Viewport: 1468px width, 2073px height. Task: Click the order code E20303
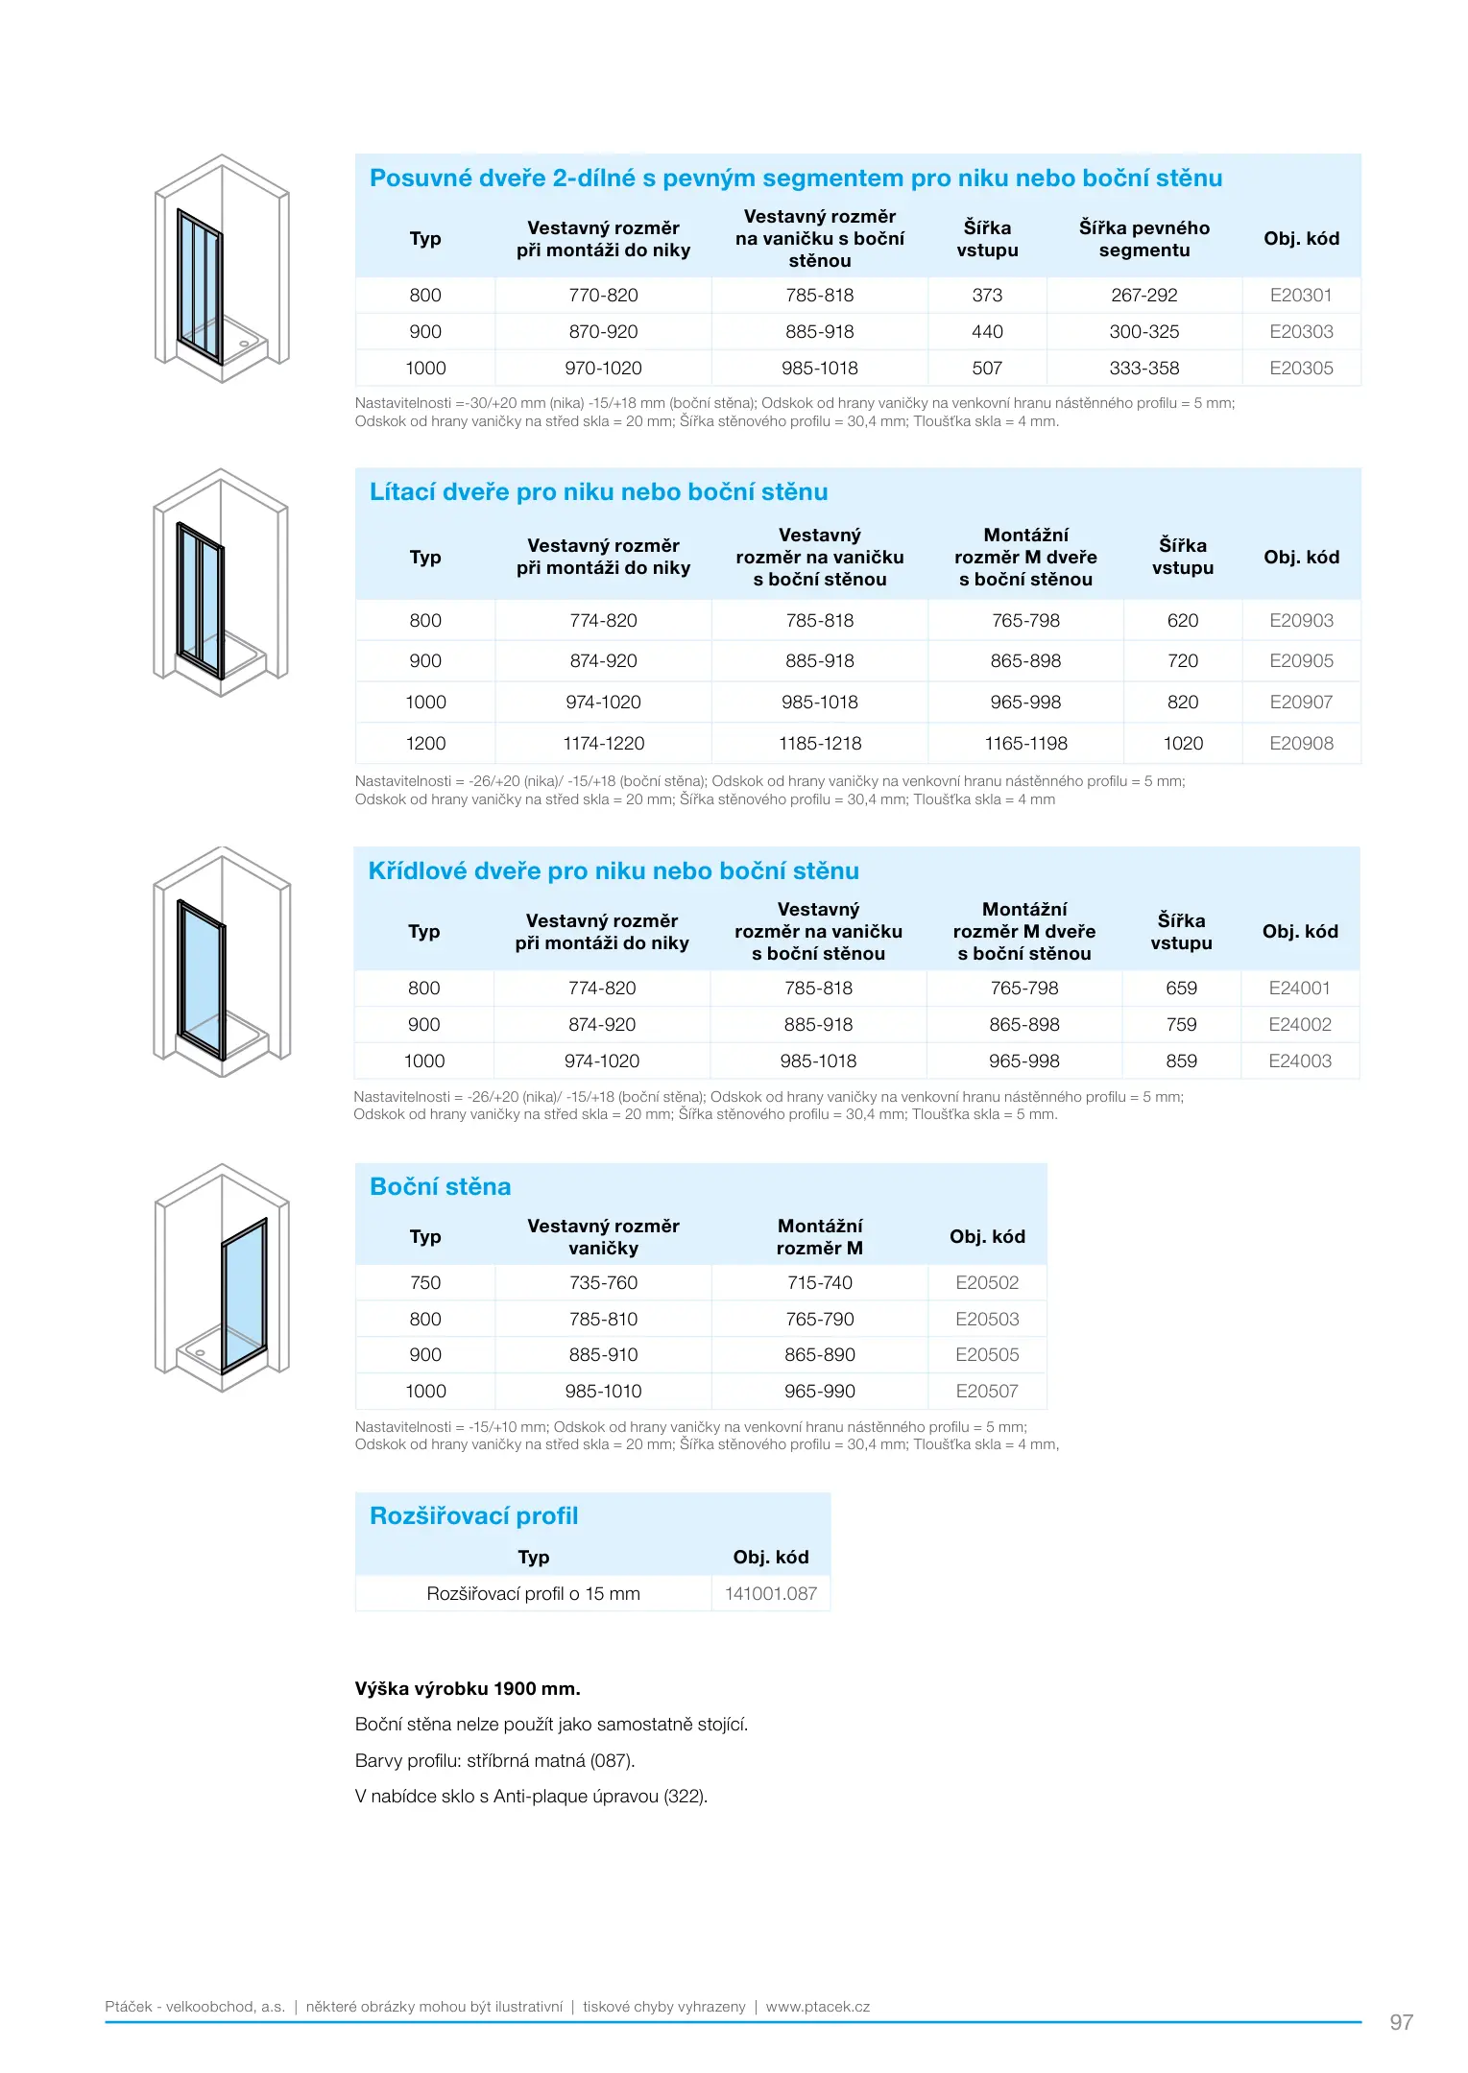(1301, 332)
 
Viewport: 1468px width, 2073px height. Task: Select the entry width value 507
(987, 369)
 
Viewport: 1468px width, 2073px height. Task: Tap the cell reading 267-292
(1143, 296)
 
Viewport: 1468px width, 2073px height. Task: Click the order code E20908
(1301, 744)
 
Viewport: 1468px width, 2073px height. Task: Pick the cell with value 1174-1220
(603, 744)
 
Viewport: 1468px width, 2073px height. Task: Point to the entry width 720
(1182, 661)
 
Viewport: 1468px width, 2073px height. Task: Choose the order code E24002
(1299, 1025)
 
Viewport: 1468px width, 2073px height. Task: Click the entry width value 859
(1181, 1061)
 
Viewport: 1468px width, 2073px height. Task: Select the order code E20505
(987, 1355)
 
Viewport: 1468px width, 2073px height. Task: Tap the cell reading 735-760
(603, 1283)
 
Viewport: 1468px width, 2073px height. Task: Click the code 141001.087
(770, 1594)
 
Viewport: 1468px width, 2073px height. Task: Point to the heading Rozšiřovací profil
(474, 1516)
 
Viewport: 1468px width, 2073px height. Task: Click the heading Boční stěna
(440, 1187)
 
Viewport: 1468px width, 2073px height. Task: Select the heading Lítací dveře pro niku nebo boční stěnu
(598, 492)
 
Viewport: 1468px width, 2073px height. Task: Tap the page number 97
(1401, 2022)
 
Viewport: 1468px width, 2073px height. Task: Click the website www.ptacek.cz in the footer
(817, 2007)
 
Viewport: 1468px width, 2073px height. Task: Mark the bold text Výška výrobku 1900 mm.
(468, 1689)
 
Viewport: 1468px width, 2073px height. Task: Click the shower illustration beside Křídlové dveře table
(222, 962)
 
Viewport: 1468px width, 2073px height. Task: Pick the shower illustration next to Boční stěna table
(222, 1277)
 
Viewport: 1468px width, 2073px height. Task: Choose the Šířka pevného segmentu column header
(1143, 239)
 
